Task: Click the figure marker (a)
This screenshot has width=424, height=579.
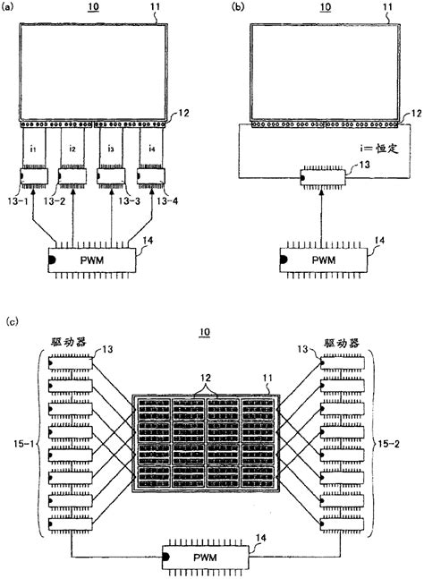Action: pyautogui.click(x=12, y=6)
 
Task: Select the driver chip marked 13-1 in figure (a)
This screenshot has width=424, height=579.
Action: pyautogui.click(x=35, y=176)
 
